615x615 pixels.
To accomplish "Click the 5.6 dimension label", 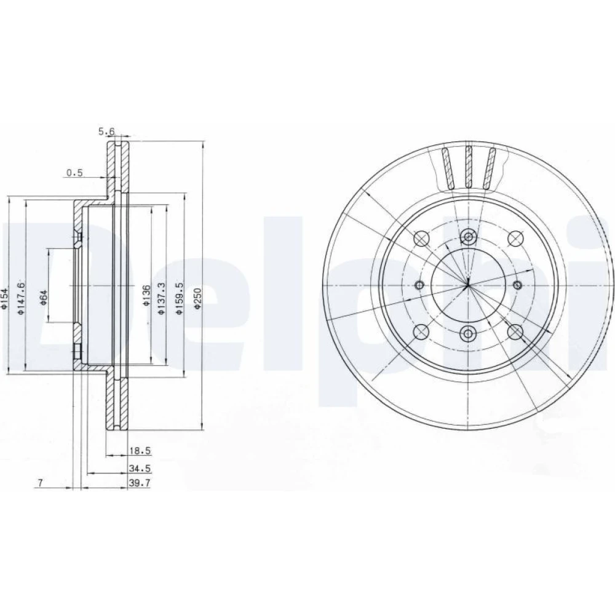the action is [x=106, y=132].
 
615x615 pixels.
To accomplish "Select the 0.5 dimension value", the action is [x=74, y=173].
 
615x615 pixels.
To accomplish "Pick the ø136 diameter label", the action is [x=146, y=296].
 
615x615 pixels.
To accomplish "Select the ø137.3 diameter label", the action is [x=161, y=299].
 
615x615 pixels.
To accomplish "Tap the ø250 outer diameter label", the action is [x=197, y=299].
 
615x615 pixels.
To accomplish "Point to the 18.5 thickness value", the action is [x=140, y=451].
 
